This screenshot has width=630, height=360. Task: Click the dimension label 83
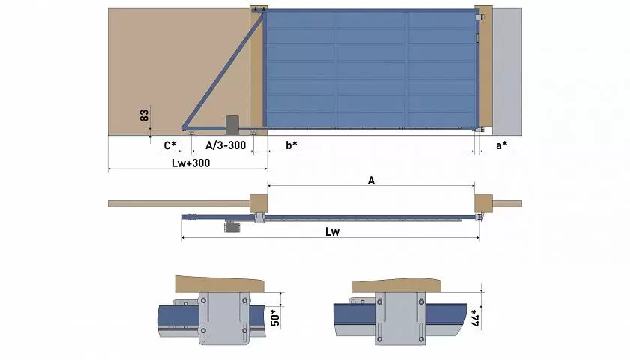[144, 115]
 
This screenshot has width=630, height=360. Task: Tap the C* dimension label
[170, 145]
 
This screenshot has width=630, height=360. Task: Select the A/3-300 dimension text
[226, 145]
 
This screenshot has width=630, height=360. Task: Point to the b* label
[292, 145]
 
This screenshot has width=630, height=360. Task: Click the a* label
[501, 145]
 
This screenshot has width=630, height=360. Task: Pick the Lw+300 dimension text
[190, 163]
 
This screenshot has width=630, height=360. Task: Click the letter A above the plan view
[371, 181]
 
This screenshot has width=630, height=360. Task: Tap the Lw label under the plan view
[332, 232]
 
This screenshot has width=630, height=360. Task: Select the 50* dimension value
[275, 317]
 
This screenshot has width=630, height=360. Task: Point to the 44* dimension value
[475, 317]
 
